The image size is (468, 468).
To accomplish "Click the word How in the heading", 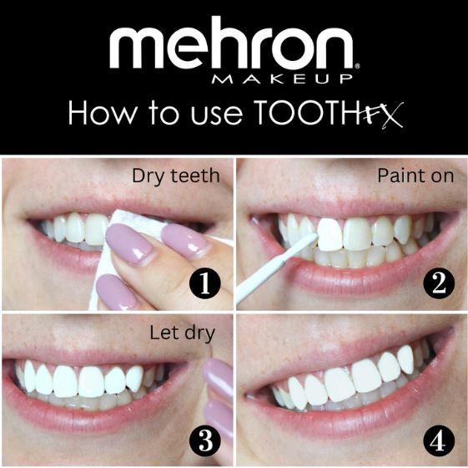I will coord(98,113).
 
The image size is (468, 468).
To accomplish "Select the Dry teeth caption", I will coord(174,176).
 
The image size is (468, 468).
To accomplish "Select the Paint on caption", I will coord(415,176).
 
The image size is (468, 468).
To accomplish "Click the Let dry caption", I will coord(182,333).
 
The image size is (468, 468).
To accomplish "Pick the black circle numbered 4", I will coord(439,439).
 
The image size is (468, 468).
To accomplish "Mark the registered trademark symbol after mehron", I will coord(358,65).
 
